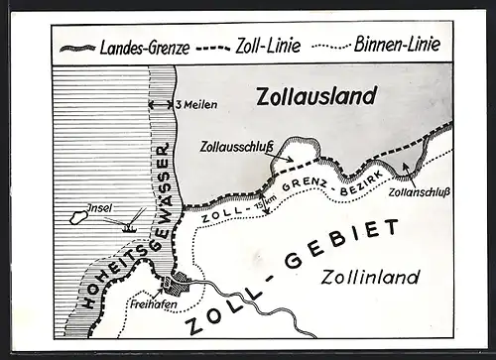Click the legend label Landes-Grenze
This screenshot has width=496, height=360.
(x=145, y=47)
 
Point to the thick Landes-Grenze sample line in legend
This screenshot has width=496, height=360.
(x=77, y=48)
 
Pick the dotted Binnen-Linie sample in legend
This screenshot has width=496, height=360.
(x=336, y=48)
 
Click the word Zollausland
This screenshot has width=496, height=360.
(x=316, y=96)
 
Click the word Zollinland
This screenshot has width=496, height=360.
(x=371, y=277)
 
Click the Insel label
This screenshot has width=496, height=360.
(x=100, y=207)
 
